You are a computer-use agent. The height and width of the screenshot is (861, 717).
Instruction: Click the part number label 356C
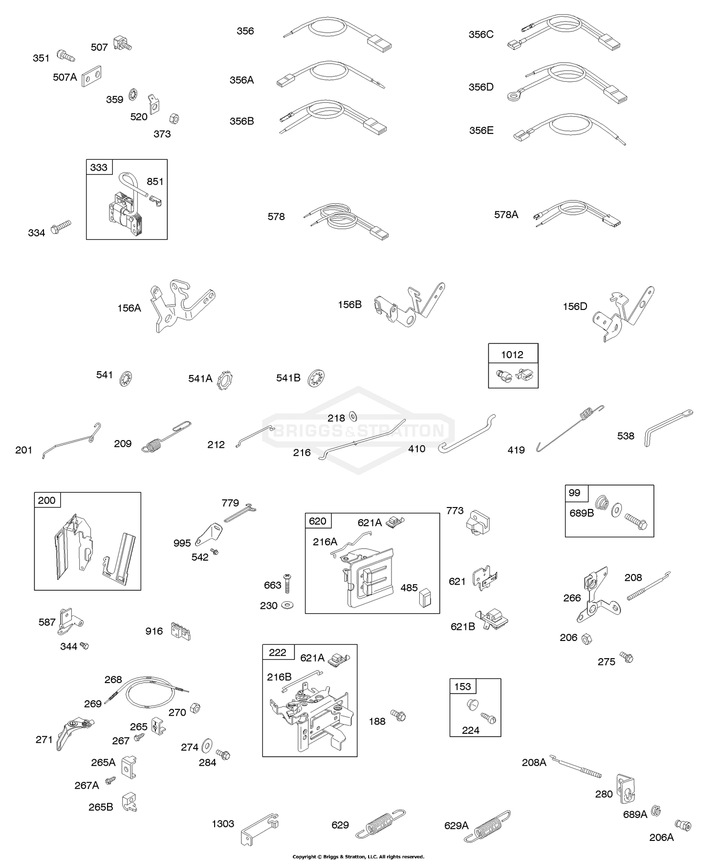(481, 34)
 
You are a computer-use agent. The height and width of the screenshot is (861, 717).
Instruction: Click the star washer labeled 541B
(316, 378)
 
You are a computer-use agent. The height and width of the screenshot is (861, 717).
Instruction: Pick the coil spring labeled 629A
(493, 824)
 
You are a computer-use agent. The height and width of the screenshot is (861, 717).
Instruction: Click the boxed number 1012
(512, 354)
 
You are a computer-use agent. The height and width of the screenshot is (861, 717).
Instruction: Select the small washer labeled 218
(353, 415)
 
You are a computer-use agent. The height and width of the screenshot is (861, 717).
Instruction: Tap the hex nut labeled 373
(174, 118)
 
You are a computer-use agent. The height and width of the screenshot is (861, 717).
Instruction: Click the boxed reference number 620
(317, 521)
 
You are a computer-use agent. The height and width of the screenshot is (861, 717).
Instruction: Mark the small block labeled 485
(424, 598)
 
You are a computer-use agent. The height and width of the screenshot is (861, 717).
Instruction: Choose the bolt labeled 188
(398, 716)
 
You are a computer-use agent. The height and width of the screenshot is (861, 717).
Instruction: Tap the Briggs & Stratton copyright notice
(358, 856)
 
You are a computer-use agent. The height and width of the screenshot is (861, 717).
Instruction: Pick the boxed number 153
(463, 686)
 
